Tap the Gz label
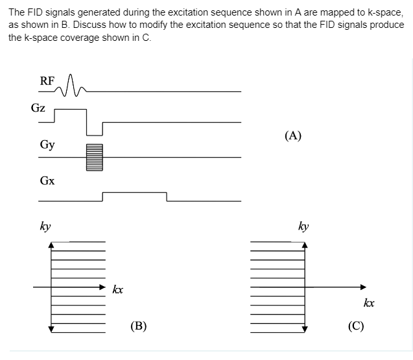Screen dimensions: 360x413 (38, 108)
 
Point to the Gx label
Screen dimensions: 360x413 (47, 180)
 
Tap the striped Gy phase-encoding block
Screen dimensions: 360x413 (95, 156)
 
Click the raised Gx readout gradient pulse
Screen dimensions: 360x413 (134, 196)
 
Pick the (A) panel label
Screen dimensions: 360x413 (293, 136)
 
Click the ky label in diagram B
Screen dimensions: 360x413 (45, 227)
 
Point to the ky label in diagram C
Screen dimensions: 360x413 (303, 227)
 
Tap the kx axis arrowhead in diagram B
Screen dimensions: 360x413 (102, 287)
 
